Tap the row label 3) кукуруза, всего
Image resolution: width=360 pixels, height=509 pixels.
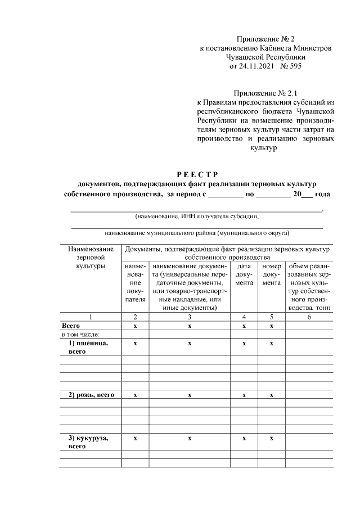[88, 442]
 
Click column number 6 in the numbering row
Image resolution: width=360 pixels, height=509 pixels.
[309, 317]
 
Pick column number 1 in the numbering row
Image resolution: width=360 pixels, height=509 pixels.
[90, 317]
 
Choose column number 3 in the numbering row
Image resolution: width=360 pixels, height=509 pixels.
[190, 317]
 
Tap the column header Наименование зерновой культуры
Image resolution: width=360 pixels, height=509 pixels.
[90, 257]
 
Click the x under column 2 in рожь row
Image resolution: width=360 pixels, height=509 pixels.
[135, 395]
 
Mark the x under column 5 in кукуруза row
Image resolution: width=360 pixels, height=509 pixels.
[272, 438]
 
